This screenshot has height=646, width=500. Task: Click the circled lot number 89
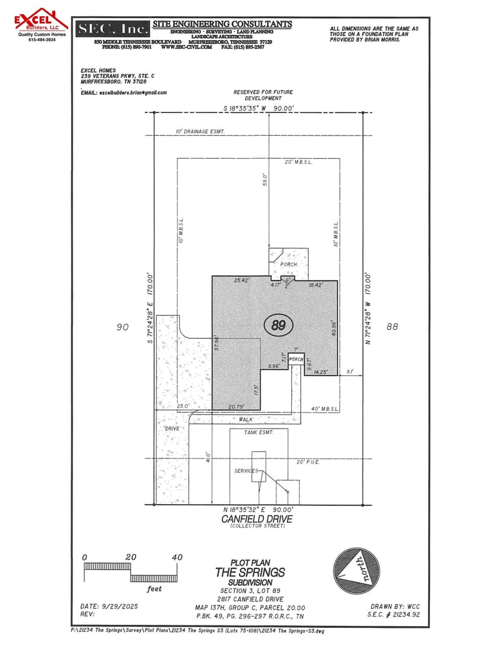coord(279,325)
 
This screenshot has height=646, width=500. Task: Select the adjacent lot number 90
coord(122,327)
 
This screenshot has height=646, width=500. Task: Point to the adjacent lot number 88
coord(392,326)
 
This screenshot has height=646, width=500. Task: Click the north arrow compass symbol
coord(357,571)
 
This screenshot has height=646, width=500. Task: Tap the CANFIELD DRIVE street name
coord(256,519)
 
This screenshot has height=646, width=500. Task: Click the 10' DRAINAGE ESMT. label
coord(200,132)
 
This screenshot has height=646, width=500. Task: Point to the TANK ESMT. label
coord(247,432)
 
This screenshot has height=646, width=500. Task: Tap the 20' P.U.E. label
coord(309,462)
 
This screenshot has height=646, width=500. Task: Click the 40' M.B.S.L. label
coord(325,409)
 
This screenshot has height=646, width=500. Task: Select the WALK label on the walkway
coord(246,420)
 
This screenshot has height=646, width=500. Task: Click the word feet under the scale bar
coord(154,589)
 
